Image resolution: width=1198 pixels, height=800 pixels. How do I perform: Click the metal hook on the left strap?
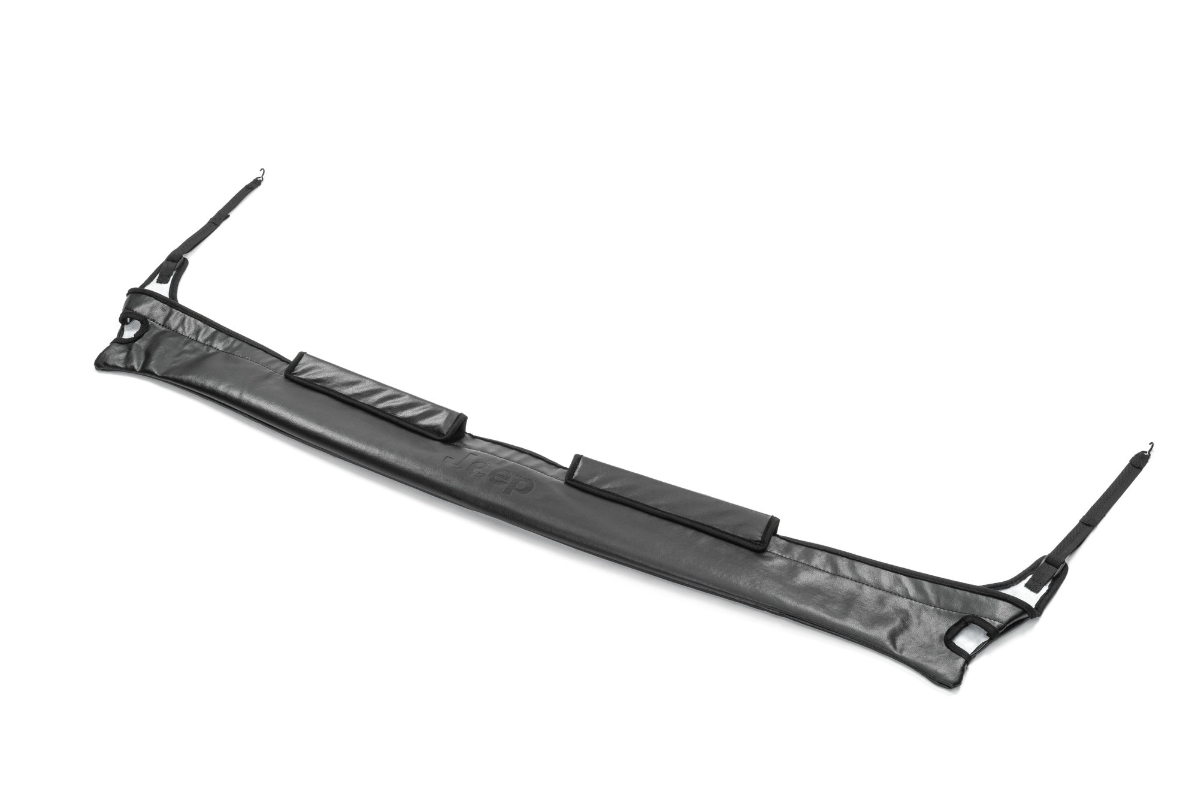(x=262, y=174)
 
